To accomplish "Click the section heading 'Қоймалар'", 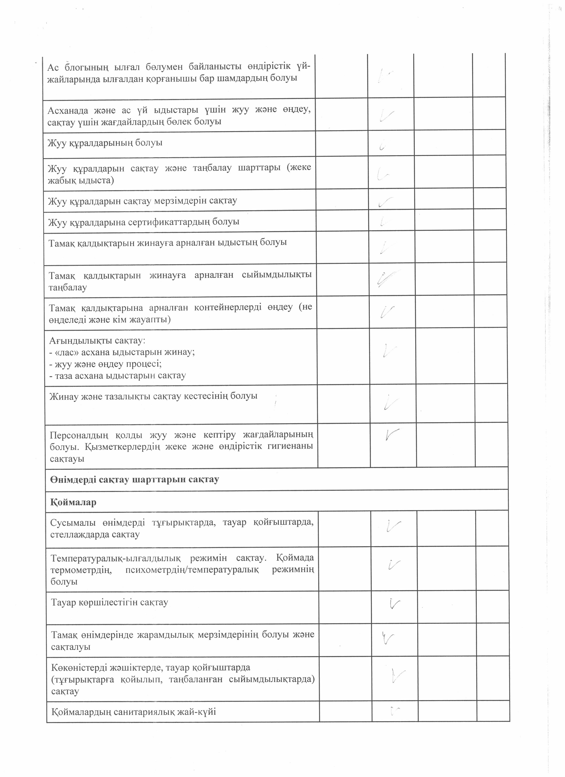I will click(x=73, y=503).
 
